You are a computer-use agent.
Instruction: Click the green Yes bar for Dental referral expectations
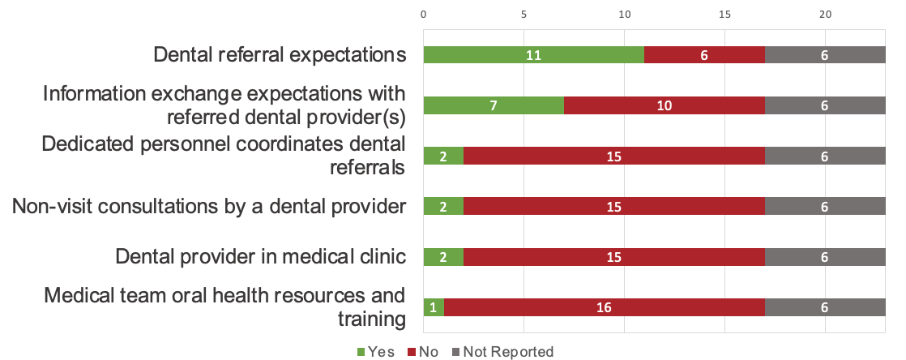[x=533, y=55]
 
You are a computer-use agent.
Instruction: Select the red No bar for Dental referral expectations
[x=704, y=55]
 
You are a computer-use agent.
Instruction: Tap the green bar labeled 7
[x=494, y=105]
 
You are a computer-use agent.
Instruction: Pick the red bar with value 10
[x=664, y=105]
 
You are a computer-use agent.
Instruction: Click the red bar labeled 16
[x=604, y=307]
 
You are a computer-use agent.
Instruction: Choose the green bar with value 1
[x=434, y=307]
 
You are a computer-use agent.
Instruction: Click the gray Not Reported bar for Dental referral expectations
[x=825, y=55]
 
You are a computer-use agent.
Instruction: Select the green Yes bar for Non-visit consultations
[x=443, y=207]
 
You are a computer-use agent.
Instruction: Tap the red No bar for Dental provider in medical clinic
[x=613, y=257]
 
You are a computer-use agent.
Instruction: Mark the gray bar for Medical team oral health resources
[x=825, y=307]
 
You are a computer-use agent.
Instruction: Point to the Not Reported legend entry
[x=502, y=352]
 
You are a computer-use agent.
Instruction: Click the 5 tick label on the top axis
[x=524, y=15]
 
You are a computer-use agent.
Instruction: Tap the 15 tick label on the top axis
[x=724, y=15]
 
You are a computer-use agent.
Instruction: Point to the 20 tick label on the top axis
[x=825, y=15]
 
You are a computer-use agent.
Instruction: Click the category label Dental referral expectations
[x=280, y=55]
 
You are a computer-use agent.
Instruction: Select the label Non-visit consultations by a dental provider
[x=208, y=207]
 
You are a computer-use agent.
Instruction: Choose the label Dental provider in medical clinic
[x=259, y=257]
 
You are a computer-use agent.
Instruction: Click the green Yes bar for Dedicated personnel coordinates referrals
[x=443, y=156]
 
